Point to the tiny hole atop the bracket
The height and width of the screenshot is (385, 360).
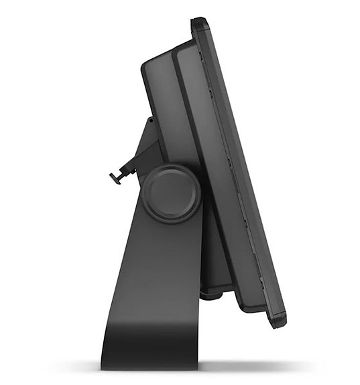coord(149,121)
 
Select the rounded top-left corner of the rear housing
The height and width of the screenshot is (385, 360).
coord(146,66)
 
